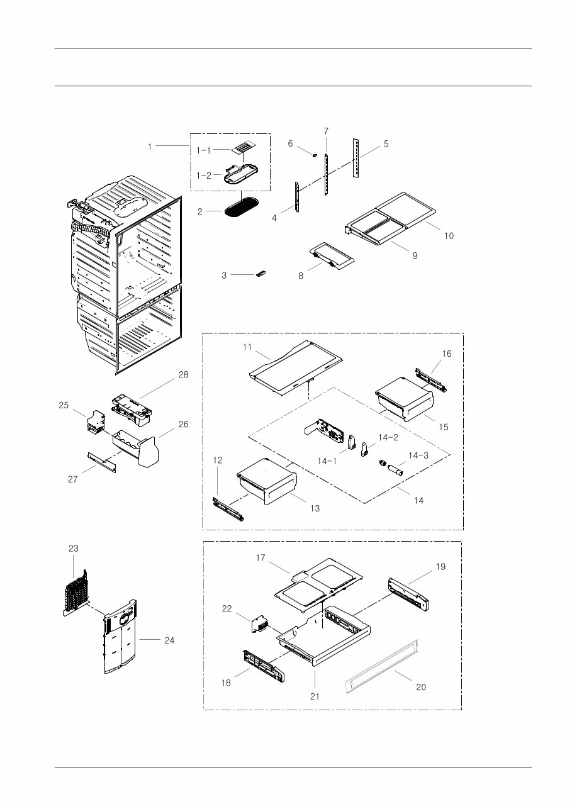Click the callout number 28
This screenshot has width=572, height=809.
point(183,374)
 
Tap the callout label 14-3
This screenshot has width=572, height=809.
point(418,455)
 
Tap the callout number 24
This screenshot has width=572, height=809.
point(169,640)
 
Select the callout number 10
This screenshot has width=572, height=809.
point(448,236)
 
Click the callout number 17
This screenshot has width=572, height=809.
point(261,558)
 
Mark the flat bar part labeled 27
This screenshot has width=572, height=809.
point(101,460)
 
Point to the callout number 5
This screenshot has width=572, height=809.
point(386,143)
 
